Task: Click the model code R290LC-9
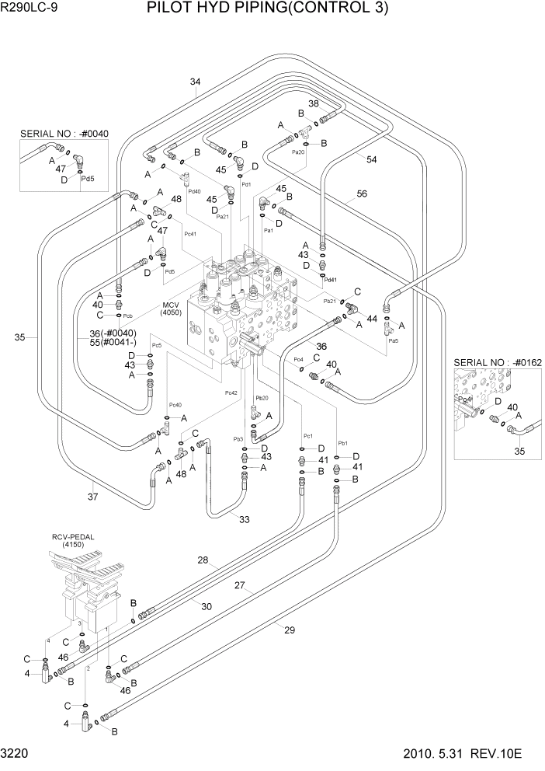(29, 9)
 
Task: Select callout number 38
(314, 104)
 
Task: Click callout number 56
(361, 195)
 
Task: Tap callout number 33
(245, 519)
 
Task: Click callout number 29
(290, 630)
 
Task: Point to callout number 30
(207, 606)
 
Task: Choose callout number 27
(240, 585)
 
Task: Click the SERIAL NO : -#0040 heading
(64, 133)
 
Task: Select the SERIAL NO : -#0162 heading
(497, 361)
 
